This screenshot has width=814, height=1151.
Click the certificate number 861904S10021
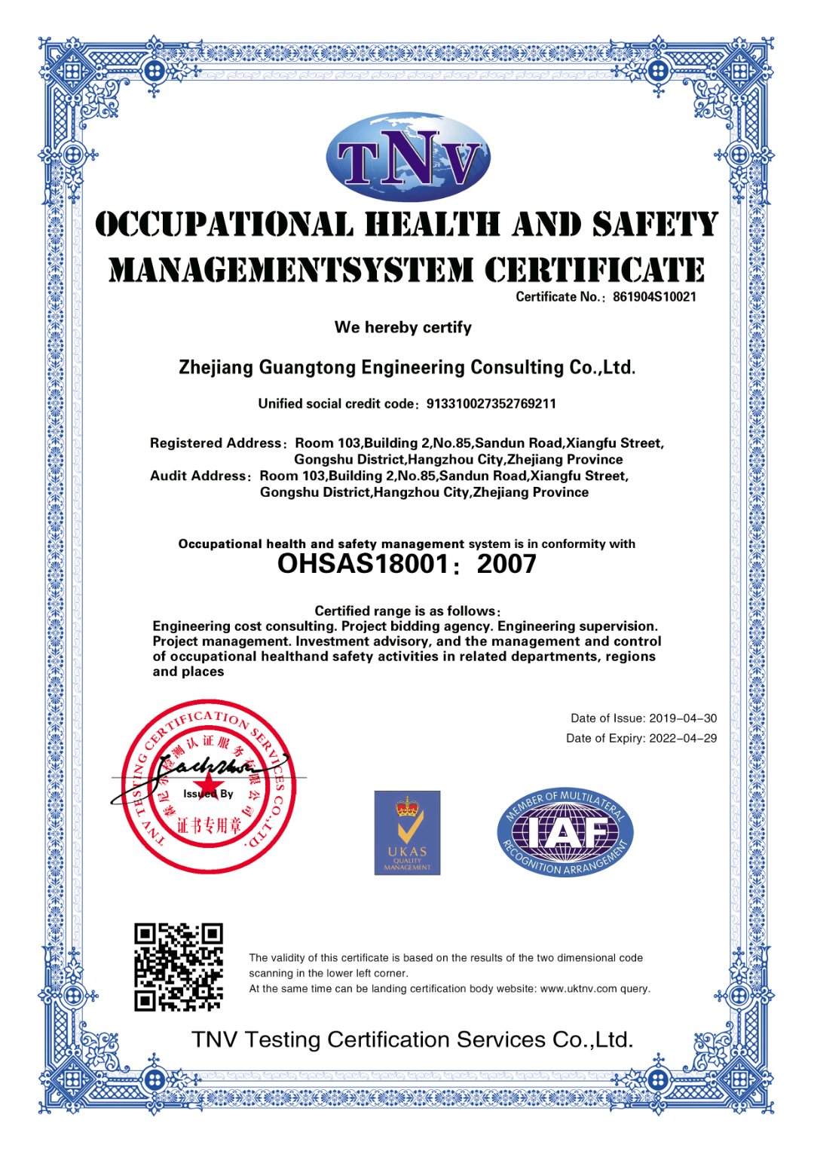(x=654, y=297)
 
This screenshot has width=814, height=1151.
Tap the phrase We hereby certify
(x=403, y=327)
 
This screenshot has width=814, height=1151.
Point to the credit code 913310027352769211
(x=491, y=404)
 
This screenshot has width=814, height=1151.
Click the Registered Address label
(x=216, y=443)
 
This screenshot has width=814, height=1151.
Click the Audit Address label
(x=198, y=476)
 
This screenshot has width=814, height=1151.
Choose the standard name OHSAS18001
(x=363, y=564)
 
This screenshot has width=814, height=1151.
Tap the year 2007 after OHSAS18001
(x=506, y=564)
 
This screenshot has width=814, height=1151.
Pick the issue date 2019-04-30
(x=683, y=718)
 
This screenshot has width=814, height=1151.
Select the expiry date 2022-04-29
(x=683, y=739)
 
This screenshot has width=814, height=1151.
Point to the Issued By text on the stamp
(x=208, y=794)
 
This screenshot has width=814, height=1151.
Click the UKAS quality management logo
(x=407, y=833)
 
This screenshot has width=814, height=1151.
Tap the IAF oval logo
(x=565, y=832)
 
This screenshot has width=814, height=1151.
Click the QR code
(x=179, y=967)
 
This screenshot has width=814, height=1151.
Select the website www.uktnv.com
(x=579, y=989)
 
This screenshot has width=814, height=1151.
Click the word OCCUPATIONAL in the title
(x=224, y=225)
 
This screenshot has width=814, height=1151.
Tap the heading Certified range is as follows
(x=407, y=611)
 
